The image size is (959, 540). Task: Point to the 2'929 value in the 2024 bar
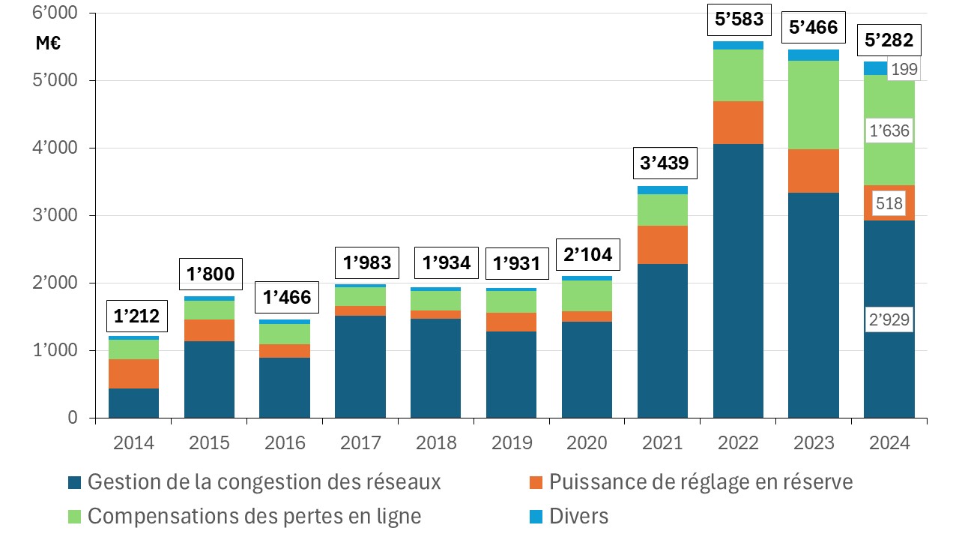889,320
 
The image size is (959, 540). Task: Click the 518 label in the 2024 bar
889,203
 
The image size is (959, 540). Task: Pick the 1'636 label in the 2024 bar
889,131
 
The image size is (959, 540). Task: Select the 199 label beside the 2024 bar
904,70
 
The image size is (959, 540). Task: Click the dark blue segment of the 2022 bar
738,280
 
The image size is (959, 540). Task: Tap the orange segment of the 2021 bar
662,244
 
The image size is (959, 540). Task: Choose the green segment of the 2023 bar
814,105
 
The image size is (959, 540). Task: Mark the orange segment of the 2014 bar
133,373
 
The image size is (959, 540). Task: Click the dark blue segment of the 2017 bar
360,366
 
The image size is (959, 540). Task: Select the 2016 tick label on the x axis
285,442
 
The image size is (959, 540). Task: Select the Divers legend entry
578,516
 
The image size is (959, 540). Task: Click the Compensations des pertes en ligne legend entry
253,516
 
